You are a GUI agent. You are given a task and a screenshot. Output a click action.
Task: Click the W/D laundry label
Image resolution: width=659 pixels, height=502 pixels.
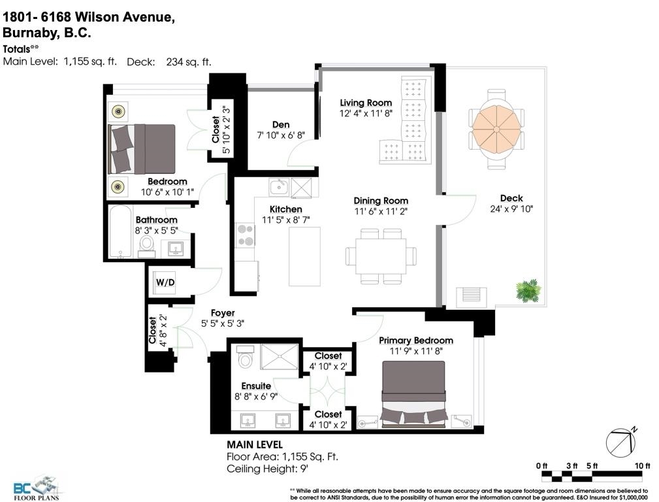pos(165,282)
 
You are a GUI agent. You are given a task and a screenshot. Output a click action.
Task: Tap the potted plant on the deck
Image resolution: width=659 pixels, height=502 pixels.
pos(528,290)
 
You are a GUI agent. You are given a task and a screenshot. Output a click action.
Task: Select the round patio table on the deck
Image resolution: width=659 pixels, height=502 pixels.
pos(496,129)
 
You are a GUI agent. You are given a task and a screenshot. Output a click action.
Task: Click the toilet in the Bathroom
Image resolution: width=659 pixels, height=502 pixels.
pos(147,246)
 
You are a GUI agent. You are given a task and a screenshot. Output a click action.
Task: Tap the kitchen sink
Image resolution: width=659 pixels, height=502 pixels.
pos(279,187)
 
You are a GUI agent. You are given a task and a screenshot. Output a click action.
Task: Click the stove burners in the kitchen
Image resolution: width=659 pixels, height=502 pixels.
pos(246,235)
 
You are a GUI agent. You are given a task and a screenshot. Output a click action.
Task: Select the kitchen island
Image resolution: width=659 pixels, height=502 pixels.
pos(305,257)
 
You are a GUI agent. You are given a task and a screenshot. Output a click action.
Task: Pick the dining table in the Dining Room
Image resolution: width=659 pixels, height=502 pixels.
pos(381,256)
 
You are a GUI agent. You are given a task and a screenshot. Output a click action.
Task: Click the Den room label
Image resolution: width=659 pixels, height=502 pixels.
pos(281,125)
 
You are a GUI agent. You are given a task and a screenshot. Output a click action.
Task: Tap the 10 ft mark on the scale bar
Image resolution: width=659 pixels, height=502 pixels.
pos(642,465)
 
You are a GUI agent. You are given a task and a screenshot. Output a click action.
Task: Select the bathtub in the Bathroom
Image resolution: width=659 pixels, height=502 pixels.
pos(120,232)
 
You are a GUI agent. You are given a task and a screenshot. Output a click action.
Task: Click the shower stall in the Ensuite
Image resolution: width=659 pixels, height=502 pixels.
pos(279,357)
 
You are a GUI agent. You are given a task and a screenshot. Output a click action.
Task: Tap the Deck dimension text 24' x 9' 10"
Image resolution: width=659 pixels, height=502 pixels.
pos(511,209)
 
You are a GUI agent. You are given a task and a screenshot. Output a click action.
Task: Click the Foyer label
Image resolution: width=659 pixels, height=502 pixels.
pos(223,313)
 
